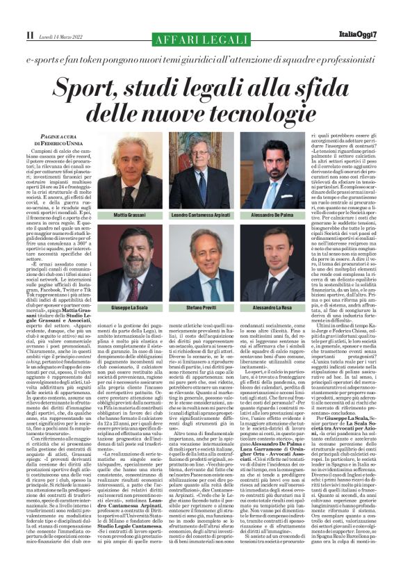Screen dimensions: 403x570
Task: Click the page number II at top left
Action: pyautogui.click(x=29, y=33)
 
